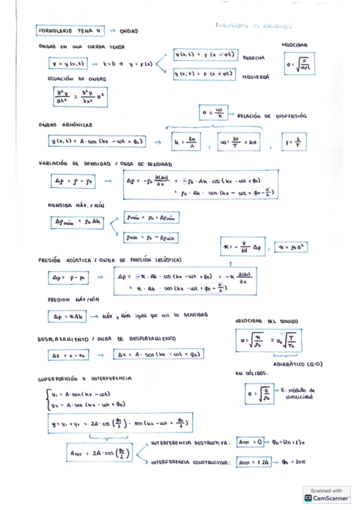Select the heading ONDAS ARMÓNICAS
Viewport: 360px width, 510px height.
[x=64, y=124]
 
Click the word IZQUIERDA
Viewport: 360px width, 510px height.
[x=255, y=77]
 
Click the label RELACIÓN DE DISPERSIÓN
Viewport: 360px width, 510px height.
[x=272, y=116]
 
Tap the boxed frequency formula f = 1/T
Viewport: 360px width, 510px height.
[x=298, y=143]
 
